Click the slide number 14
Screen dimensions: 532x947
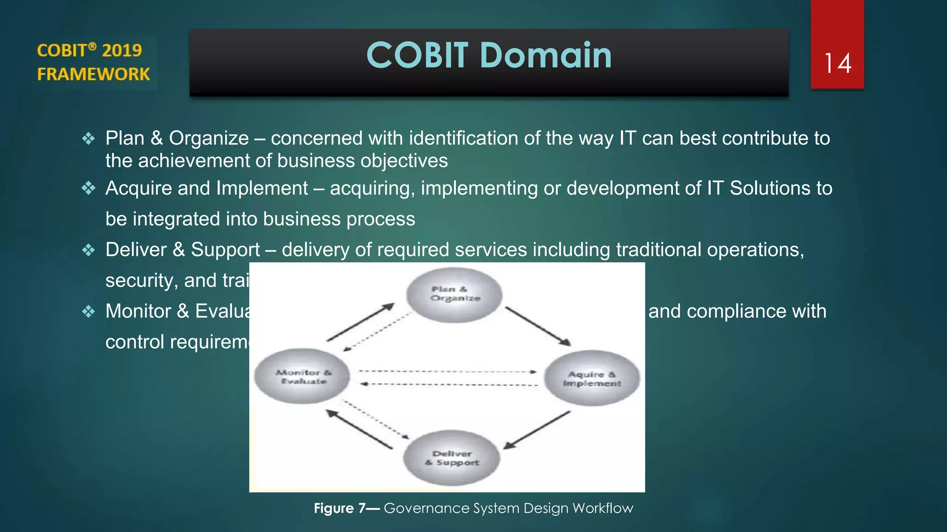[837, 63]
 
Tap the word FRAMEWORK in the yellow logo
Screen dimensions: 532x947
[93, 74]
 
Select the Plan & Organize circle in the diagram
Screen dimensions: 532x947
[454, 295]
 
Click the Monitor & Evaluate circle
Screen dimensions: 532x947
[302, 376]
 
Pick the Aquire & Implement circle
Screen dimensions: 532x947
[592, 378]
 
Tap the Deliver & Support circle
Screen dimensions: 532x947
[451, 458]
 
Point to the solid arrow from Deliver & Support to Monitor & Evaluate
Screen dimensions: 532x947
[360, 429]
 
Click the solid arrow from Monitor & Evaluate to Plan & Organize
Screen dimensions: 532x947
[360, 322]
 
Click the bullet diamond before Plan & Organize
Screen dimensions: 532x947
[88, 138]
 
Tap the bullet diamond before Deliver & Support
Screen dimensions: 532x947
[88, 250]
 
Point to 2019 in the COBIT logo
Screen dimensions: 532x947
[122, 50]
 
